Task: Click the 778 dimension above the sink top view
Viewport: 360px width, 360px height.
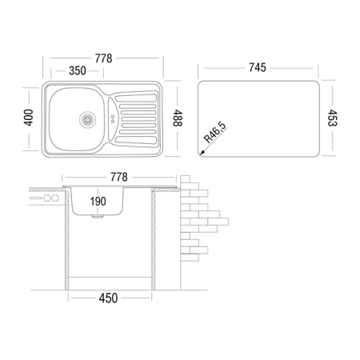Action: pos(103,58)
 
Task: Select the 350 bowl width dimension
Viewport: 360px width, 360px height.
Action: pos(78,71)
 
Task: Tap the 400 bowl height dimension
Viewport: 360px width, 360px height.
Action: pos(28,118)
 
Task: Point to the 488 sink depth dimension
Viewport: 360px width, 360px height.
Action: pos(178,118)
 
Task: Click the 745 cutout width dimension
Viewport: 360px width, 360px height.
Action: pos(258,67)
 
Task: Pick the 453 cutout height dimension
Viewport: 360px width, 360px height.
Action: pos(333,118)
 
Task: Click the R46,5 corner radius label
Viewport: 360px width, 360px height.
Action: pos(215,133)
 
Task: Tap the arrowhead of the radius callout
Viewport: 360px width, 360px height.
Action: pos(202,153)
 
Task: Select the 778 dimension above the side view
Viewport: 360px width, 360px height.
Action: pos(119,177)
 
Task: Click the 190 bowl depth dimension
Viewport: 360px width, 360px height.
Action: pos(98,202)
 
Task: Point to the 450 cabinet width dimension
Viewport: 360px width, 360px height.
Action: pos(108,298)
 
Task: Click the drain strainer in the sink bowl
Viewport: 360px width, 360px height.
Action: pos(87,120)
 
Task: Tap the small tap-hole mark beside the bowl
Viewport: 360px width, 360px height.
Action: pos(112,119)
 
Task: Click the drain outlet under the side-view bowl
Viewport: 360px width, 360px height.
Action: pos(98,217)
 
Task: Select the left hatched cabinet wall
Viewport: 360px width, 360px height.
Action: pos(66,239)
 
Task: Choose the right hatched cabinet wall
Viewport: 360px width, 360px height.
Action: pos(154,239)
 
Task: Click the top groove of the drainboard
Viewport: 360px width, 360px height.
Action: pos(136,98)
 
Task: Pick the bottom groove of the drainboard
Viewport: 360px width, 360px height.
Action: pos(136,140)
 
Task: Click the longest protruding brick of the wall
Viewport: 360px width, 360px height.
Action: pos(218,222)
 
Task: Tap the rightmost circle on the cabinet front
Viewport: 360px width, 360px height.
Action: pos(55,198)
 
